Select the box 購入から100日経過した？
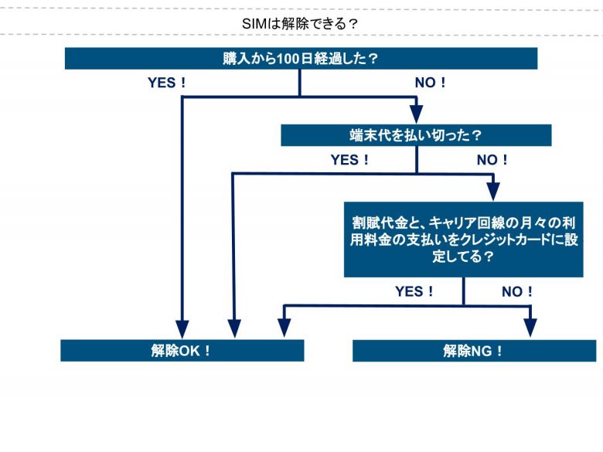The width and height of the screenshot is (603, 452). pyautogui.click(x=300, y=59)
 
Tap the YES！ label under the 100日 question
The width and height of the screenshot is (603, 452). pyautogui.click(x=167, y=83)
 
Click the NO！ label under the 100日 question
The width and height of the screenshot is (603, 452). pyautogui.click(x=431, y=83)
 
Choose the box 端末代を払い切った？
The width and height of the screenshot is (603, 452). pyautogui.click(x=416, y=135)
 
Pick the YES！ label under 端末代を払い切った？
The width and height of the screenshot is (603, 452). pyautogui.click(x=350, y=160)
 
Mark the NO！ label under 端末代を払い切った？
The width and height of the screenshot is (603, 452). pyautogui.click(x=492, y=160)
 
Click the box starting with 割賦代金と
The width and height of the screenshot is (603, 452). pyautogui.click(x=463, y=240)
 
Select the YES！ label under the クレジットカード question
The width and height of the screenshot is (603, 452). pyautogui.click(x=414, y=291)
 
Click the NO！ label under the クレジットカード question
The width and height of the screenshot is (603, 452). pyautogui.click(x=517, y=291)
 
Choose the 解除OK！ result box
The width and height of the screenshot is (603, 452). pyautogui.click(x=182, y=350)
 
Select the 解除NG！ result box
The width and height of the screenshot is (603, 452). pyautogui.click(x=474, y=350)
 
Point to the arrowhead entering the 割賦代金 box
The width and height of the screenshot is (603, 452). pyautogui.click(x=492, y=192)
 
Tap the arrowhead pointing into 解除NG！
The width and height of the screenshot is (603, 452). pyautogui.click(x=531, y=328)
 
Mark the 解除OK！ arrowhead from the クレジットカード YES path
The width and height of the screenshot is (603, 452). pyautogui.click(x=284, y=328)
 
